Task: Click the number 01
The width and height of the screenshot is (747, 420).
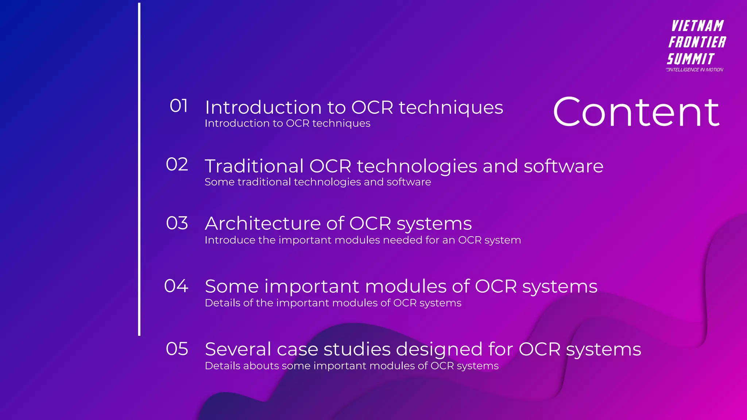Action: (179, 106)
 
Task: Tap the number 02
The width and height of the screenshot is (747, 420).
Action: (177, 164)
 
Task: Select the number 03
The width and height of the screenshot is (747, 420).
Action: (177, 223)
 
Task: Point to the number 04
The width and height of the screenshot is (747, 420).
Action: (176, 286)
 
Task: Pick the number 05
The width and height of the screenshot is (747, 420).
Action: (177, 349)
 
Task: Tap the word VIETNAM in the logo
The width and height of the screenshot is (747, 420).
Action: (697, 26)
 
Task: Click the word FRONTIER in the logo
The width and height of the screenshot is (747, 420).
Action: (697, 42)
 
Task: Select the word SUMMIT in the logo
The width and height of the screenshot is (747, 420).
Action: (690, 59)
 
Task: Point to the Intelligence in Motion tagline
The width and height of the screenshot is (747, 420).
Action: (695, 70)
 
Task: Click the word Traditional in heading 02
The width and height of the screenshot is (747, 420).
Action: (254, 166)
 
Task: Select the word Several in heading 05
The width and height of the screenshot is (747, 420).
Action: (238, 349)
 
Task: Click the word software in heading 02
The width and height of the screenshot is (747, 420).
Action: (563, 166)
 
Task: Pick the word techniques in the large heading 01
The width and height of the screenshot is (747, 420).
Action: (451, 108)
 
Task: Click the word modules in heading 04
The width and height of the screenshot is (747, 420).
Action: (405, 287)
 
